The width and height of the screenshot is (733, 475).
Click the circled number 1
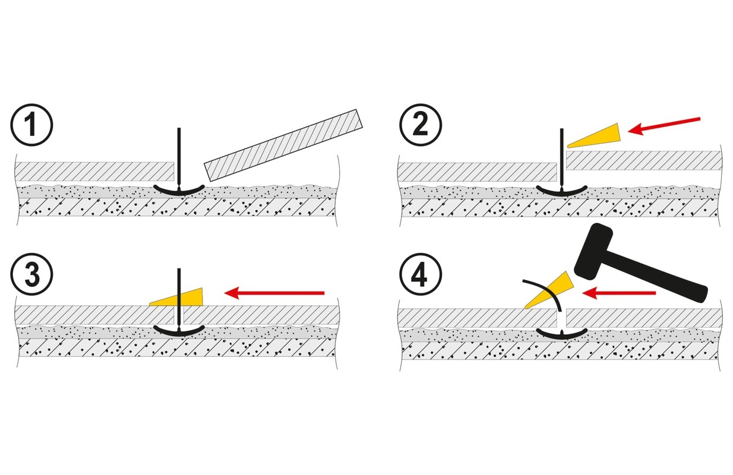tap(31, 126)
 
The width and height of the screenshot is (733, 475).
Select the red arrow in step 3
tap(274, 292)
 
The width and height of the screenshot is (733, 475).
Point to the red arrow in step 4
tap(619, 292)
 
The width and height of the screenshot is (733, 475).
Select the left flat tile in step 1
tap(95, 172)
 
